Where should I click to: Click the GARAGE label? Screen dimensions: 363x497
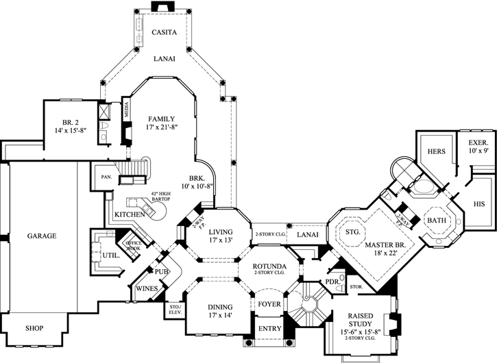tap(42, 236)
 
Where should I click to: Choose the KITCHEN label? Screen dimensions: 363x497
tap(129, 215)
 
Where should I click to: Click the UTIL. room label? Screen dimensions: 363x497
tap(112, 255)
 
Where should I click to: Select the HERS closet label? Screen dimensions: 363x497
tap(437, 151)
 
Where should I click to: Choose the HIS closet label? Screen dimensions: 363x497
tap(479, 204)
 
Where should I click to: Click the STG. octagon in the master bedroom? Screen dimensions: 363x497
tap(354, 232)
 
